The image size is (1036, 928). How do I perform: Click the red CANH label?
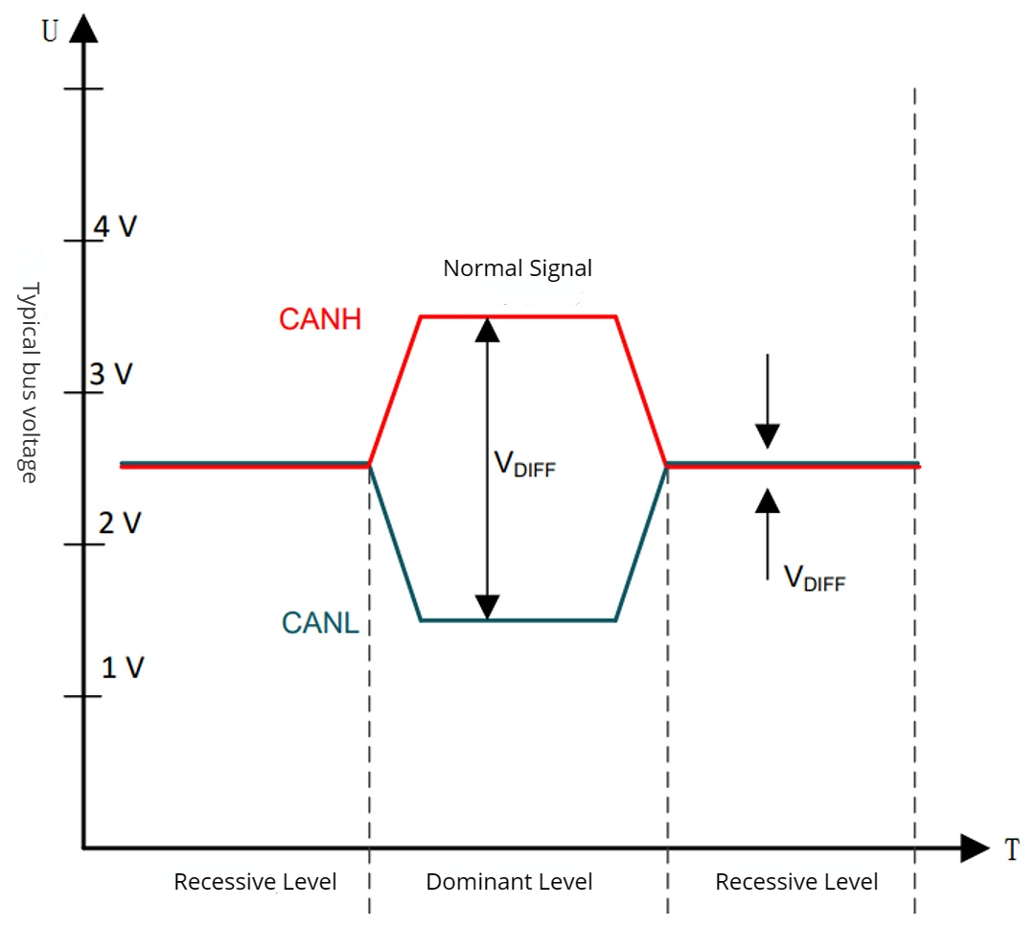pos(320,319)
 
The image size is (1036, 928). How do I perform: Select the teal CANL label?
pos(320,623)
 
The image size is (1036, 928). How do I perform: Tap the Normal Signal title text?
pos(518,268)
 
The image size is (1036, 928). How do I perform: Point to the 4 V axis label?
pos(114,227)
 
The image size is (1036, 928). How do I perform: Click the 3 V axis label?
pos(111,375)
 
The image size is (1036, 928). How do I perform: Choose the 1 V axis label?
pos(122,667)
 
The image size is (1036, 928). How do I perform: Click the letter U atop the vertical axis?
pos(50,31)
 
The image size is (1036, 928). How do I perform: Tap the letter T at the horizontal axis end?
pos(1011,849)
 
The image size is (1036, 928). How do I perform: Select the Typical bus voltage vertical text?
pos(29,382)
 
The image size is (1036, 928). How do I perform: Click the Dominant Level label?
pos(509,882)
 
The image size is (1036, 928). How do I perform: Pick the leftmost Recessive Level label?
pos(255,882)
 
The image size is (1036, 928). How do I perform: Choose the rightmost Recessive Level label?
pos(796,882)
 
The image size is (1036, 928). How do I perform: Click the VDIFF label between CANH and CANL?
pos(524,465)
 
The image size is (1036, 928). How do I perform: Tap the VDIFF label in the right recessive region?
pos(815,578)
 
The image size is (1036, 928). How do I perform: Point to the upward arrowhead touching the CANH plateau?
pos(488,329)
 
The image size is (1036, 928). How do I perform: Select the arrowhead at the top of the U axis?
pos(84,29)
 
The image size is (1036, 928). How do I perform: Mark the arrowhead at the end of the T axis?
pos(974,847)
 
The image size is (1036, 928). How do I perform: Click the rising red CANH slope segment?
pos(395,390)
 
